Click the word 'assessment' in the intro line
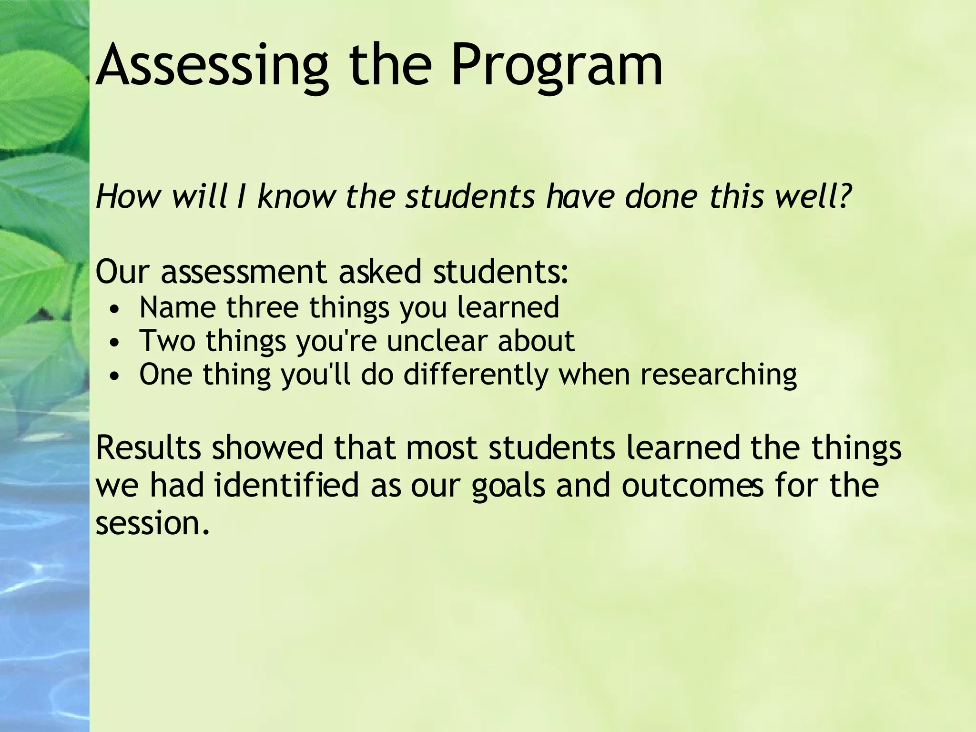[x=244, y=272]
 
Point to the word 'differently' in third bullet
[x=476, y=375]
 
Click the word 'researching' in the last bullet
[x=718, y=375]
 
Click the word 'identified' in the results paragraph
[x=286, y=485]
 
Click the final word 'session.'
[x=152, y=523]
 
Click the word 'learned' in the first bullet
[x=508, y=307]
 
